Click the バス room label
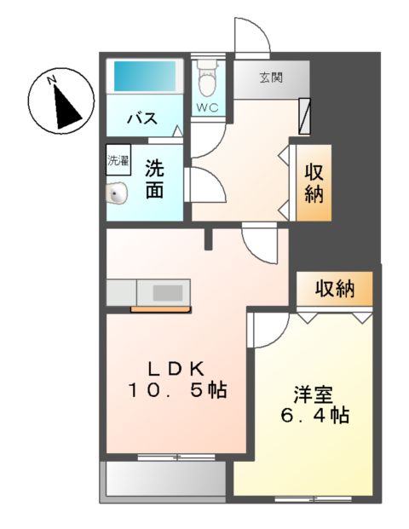[141, 118]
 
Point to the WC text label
[206, 107]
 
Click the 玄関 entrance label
[272, 77]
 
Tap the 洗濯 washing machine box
[118, 161]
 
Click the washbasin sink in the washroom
[117, 195]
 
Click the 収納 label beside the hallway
[314, 182]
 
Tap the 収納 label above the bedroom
[334, 289]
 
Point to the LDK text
[176, 368]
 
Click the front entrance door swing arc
[252, 34]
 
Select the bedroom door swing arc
[266, 330]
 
